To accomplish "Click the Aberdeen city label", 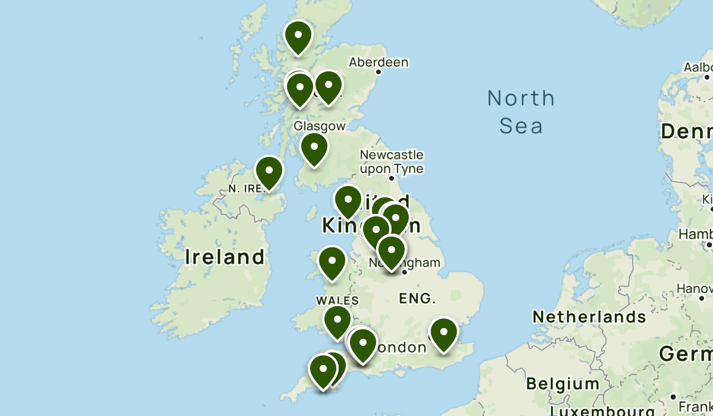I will coord(378,62).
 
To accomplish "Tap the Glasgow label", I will coord(319,126).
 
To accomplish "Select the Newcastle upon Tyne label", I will coord(392,162).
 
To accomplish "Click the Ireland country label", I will coord(225,257).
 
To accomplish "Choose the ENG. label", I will coord(417,298).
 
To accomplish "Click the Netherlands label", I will coord(589,317).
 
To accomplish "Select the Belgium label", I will coord(563,383).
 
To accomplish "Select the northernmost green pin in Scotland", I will coord(298,37).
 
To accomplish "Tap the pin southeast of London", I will coord(444,334).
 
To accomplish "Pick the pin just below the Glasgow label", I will coord(314,149).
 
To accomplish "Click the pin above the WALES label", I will coord(332,263).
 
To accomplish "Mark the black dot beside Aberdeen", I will coord(378,73).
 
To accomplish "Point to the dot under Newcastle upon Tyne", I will coord(392,178).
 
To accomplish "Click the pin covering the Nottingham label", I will coord(391,252).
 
